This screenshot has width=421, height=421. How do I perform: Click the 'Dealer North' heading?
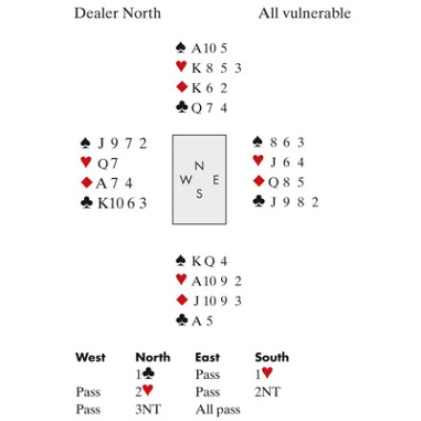pos(118,13)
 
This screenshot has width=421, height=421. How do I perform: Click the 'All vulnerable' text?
pos(304,13)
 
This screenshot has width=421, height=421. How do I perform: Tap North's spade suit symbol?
pos(181,47)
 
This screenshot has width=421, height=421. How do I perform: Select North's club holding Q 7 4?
pos(209,108)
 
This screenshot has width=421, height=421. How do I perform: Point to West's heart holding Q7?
pos(107,164)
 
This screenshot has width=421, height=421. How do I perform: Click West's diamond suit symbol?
pos(87,183)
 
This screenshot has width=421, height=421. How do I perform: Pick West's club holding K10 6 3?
pos(122,203)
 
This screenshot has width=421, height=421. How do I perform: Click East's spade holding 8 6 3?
pos(287,143)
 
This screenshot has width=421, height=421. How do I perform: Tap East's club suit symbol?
pos(258,201)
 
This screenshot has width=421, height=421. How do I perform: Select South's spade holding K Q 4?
pos(210,261)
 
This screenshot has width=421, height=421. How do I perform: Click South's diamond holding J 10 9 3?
pos(217,301)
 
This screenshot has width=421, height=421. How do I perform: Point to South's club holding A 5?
pos(202,321)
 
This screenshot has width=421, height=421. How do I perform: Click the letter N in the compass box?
pos(199,166)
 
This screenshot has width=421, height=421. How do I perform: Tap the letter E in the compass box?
pos(216,180)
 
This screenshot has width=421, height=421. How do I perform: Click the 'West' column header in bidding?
pos(91,357)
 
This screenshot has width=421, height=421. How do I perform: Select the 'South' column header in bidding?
pos(272,357)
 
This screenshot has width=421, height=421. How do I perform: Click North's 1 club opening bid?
pos(145,374)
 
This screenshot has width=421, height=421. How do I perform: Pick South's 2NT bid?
pos(268,392)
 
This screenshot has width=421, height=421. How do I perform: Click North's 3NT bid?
pos(148,410)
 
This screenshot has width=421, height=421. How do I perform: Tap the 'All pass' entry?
pos(218,410)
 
